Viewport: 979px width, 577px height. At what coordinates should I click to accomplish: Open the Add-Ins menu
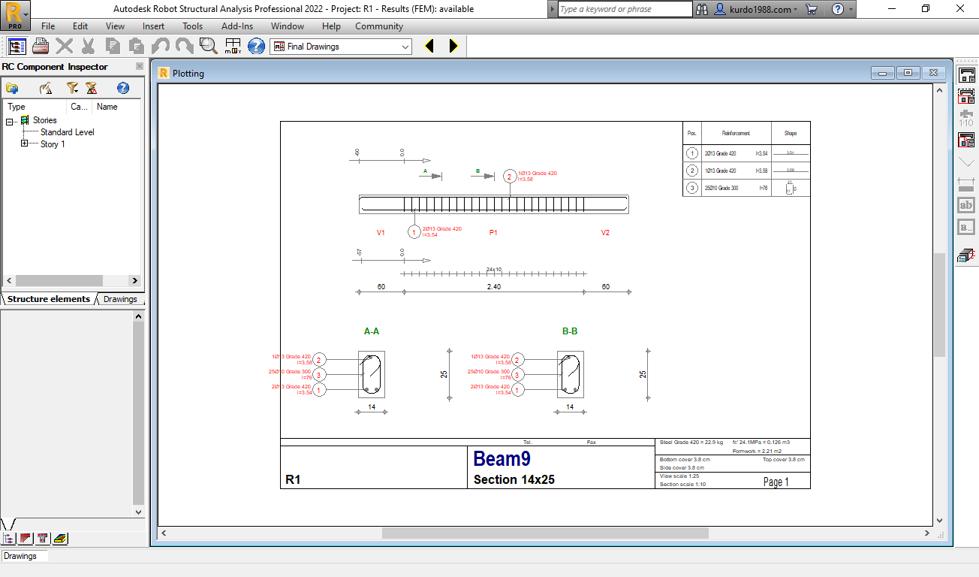pyautogui.click(x=236, y=26)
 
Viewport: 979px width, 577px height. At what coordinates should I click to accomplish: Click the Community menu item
pyautogui.click(x=379, y=26)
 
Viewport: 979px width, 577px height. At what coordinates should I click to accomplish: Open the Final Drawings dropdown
pyautogui.click(x=405, y=47)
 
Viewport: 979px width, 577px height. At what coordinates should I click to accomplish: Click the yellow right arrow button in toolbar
pyautogui.click(x=453, y=47)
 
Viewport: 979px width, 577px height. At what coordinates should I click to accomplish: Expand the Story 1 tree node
pyautogui.click(x=25, y=143)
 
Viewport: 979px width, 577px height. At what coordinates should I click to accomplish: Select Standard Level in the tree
pyautogui.click(x=67, y=132)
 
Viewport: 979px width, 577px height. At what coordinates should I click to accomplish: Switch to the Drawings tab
pyautogui.click(x=120, y=299)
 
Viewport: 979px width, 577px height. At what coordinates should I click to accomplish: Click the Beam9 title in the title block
pyautogui.click(x=502, y=459)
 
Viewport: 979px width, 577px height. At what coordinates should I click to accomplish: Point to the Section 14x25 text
pyautogui.click(x=514, y=479)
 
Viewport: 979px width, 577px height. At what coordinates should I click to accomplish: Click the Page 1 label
pyautogui.click(x=776, y=482)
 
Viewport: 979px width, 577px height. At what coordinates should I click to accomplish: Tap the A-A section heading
pyautogui.click(x=371, y=331)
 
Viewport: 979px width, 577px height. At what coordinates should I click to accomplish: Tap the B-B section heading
pyautogui.click(x=570, y=331)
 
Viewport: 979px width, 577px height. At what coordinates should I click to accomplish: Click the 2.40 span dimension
pyautogui.click(x=493, y=287)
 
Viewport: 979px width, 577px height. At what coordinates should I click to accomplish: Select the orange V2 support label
pyautogui.click(x=605, y=233)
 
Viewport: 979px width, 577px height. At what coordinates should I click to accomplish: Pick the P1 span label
pyautogui.click(x=493, y=233)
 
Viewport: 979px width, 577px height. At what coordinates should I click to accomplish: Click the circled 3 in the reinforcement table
pyautogui.click(x=692, y=188)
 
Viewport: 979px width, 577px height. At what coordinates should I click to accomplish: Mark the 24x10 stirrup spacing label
pyautogui.click(x=493, y=269)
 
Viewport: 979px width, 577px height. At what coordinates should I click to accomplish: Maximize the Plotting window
pyautogui.click(x=908, y=73)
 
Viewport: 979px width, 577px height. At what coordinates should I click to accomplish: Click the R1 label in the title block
pyautogui.click(x=293, y=479)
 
